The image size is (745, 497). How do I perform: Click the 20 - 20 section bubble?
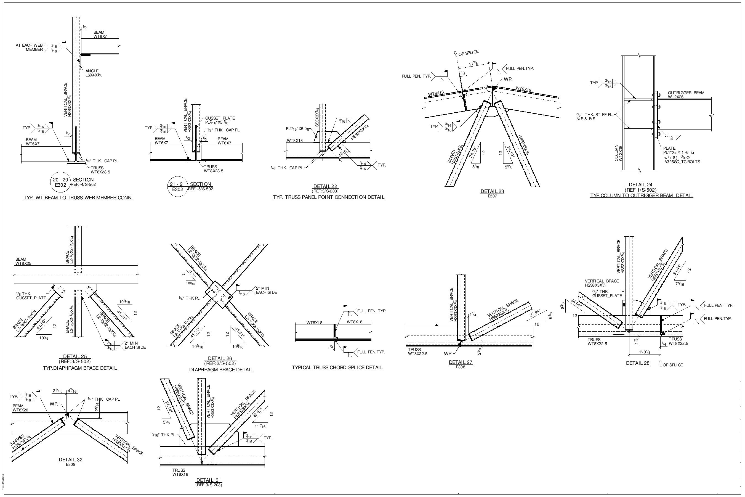click(x=60, y=182)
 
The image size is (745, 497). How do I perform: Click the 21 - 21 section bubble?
click(x=177, y=187)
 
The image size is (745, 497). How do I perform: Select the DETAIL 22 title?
click(x=325, y=186)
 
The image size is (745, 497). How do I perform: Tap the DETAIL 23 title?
click(x=492, y=191)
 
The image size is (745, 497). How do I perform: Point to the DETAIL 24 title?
click(x=640, y=185)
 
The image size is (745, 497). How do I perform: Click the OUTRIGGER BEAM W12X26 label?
click(x=686, y=95)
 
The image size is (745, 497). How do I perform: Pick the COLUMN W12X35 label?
click(x=618, y=153)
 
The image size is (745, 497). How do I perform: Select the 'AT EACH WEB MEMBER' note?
click(x=29, y=47)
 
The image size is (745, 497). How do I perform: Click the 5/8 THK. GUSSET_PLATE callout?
click(x=31, y=296)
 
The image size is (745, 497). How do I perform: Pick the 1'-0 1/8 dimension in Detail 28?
click(x=645, y=352)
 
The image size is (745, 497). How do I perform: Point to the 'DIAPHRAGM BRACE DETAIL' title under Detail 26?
click(x=221, y=370)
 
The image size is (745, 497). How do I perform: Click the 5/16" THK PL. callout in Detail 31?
click(x=163, y=435)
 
